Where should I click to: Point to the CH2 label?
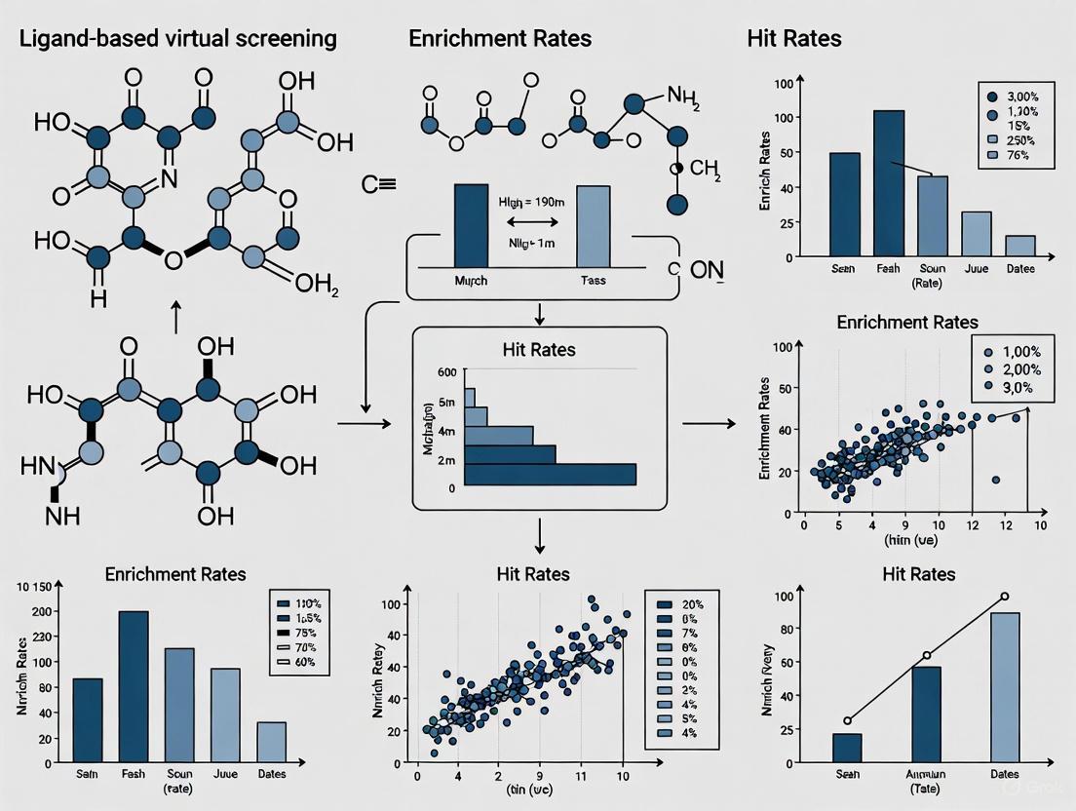tap(705, 169)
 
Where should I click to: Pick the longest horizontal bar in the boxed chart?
tap(550, 474)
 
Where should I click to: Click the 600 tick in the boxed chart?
tap(446, 372)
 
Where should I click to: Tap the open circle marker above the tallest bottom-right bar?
tap(1004, 597)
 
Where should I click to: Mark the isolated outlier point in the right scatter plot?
tap(995, 480)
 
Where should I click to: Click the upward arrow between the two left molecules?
tap(175, 317)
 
